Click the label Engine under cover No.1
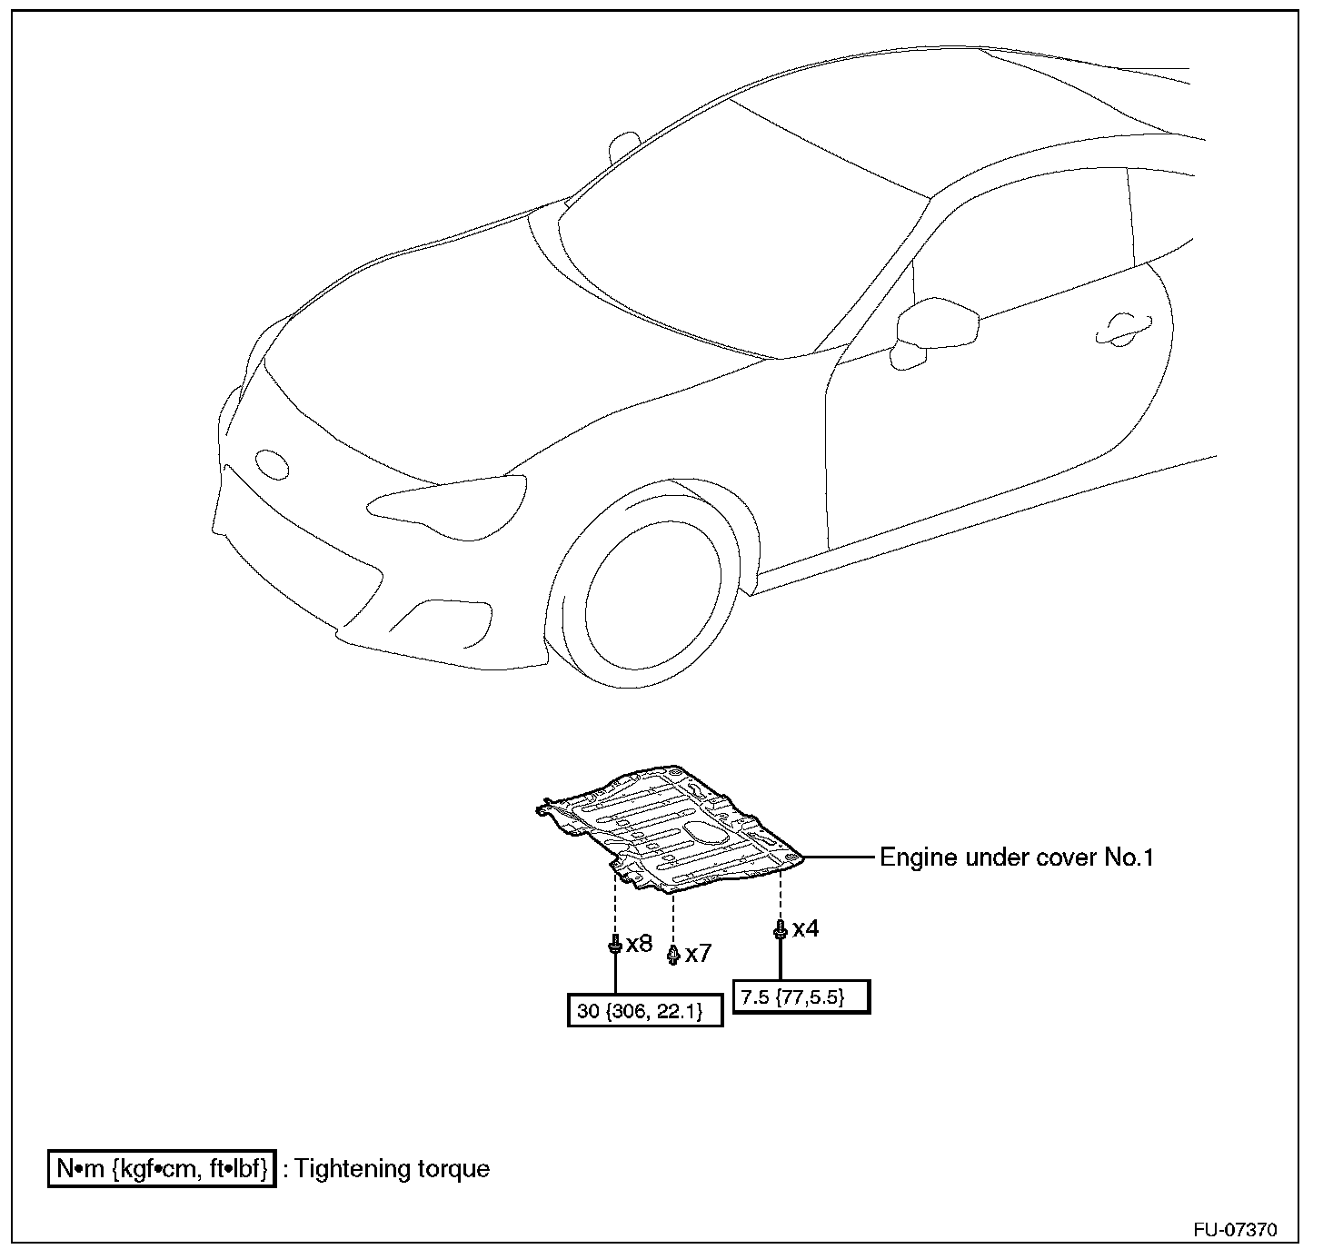click(1016, 858)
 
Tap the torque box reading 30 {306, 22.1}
click(645, 1010)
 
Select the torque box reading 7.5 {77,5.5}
click(801, 996)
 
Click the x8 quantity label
click(639, 944)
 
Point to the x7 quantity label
click(698, 954)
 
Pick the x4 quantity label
click(805, 928)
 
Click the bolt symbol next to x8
click(615, 946)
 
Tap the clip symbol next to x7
click(672, 955)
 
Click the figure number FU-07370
click(1235, 1231)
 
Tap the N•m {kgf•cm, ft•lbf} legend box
click(162, 1169)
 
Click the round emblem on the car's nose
click(272, 463)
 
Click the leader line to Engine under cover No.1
click(840, 857)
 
